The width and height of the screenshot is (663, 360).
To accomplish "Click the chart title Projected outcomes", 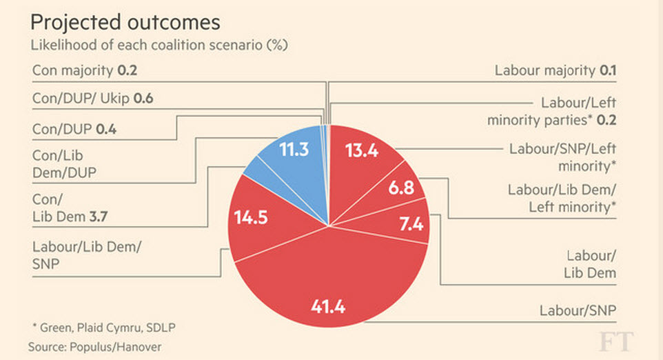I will (x=125, y=22).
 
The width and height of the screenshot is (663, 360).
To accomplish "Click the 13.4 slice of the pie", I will (x=360, y=152).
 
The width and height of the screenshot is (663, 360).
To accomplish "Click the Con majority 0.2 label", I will (x=90, y=70).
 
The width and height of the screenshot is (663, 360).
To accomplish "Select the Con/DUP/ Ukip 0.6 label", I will (x=92, y=99).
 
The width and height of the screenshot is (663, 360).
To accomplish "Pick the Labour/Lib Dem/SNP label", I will (x=86, y=256).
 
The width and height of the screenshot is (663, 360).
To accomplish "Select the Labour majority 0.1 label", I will (x=555, y=70).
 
